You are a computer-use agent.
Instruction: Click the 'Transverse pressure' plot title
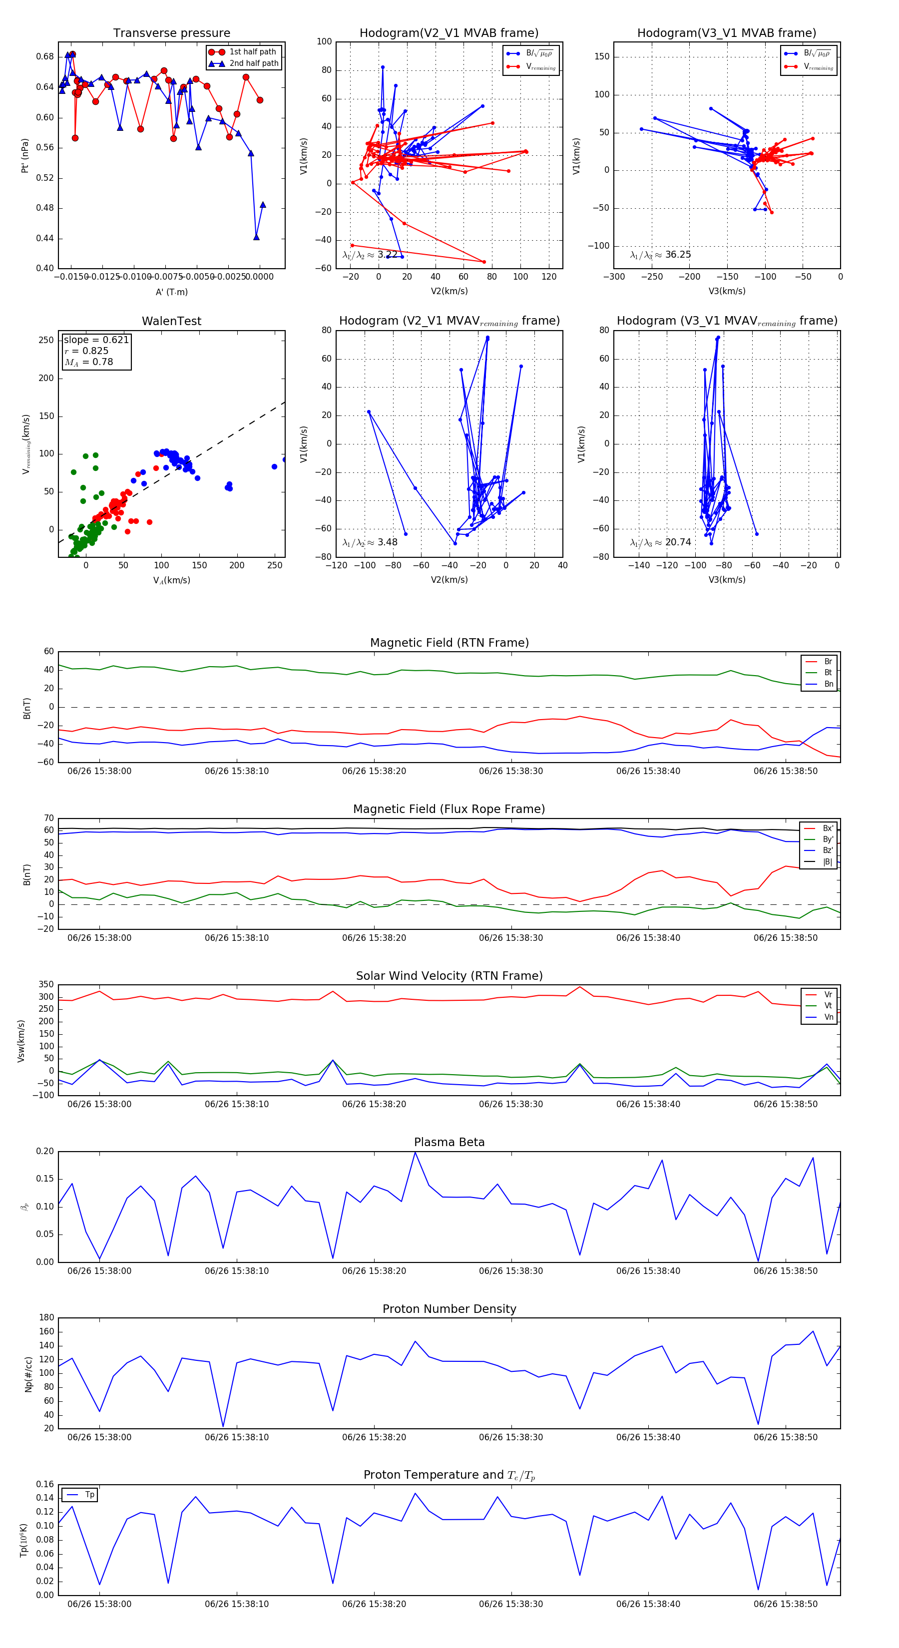click(x=171, y=33)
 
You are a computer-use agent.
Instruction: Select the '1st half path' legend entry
click(x=252, y=52)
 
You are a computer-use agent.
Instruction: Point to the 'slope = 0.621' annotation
click(x=96, y=340)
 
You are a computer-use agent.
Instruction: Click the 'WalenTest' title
click(x=171, y=321)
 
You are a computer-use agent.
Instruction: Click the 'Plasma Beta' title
click(x=449, y=1142)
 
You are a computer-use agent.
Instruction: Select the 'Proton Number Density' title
click(x=449, y=1309)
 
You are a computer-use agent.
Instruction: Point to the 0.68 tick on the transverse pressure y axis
click(x=45, y=57)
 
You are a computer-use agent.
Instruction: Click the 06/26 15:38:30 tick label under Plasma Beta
click(x=510, y=1270)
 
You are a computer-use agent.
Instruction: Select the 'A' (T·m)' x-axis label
click(x=171, y=292)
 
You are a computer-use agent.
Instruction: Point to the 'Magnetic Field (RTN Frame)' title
click(x=449, y=643)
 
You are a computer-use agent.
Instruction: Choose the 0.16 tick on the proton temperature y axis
click(x=45, y=1484)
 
